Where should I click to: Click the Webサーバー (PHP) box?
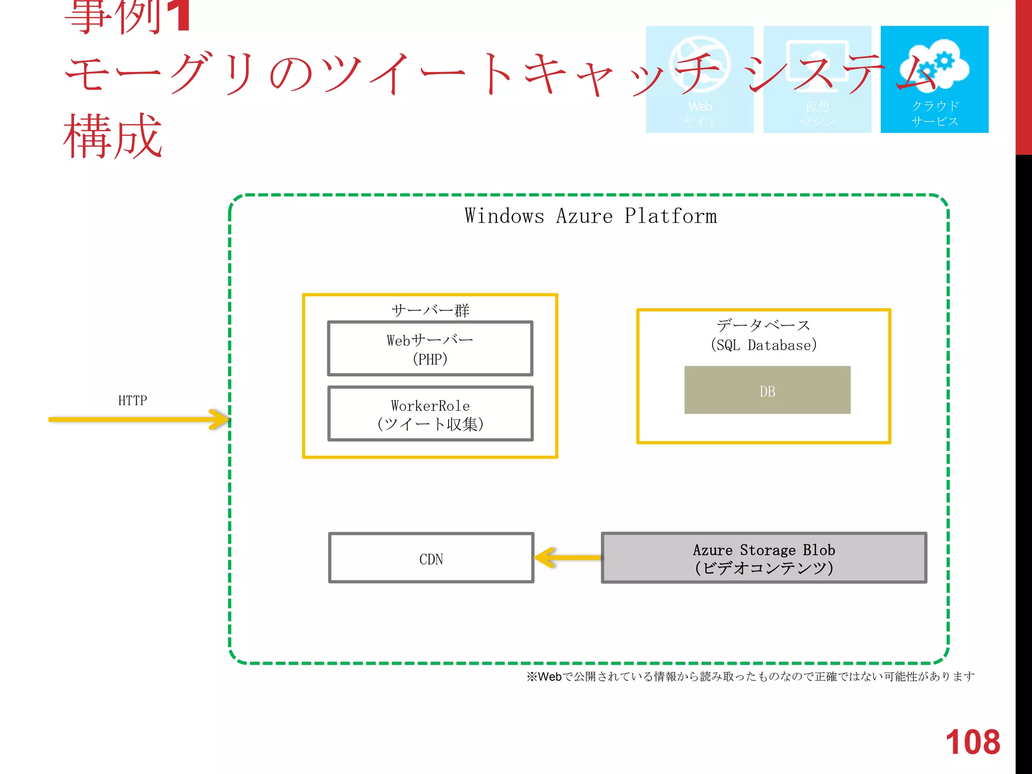pyautogui.click(x=430, y=349)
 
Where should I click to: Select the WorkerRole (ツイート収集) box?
pyautogui.click(x=430, y=414)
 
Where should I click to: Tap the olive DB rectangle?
pyautogui.click(x=767, y=390)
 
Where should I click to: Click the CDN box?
pyautogui.click(x=431, y=558)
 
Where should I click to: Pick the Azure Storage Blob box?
pyautogui.click(x=763, y=558)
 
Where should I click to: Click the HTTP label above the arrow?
pyautogui.click(x=133, y=401)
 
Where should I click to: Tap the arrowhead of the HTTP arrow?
pyautogui.click(x=220, y=419)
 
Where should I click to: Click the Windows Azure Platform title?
pyautogui.click(x=590, y=216)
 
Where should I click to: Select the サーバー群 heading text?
pyautogui.click(x=430, y=310)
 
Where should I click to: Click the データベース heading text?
pyautogui.click(x=763, y=325)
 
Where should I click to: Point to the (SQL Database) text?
pyautogui.click(x=763, y=345)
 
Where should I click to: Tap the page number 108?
pyautogui.click(x=972, y=742)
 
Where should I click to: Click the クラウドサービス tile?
pyautogui.click(x=934, y=80)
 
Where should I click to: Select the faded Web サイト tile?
pyautogui.click(x=699, y=80)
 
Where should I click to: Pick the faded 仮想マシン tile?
pyautogui.click(x=817, y=80)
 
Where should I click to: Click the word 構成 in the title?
pyautogui.click(x=113, y=136)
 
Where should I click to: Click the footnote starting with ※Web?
pyautogui.click(x=750, y=676)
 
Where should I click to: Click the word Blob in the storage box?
pyautogui.click(x=819, y=550)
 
